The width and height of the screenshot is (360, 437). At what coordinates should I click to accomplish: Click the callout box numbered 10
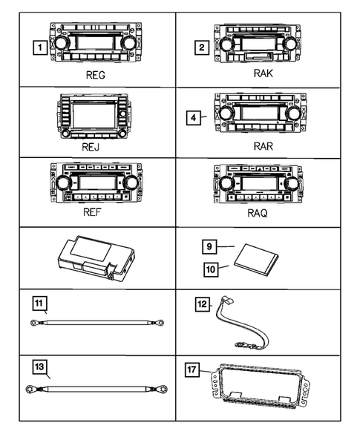click(212, 272)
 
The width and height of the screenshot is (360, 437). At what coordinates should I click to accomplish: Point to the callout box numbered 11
click(39, 303)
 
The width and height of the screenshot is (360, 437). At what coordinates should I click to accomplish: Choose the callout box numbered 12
click(203, 303)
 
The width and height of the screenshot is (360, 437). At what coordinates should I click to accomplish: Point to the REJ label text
click(93, 148)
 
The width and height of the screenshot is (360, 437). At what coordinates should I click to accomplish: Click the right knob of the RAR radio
click(292, 112)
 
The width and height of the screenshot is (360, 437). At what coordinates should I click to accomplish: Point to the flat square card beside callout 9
click(255, 260)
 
